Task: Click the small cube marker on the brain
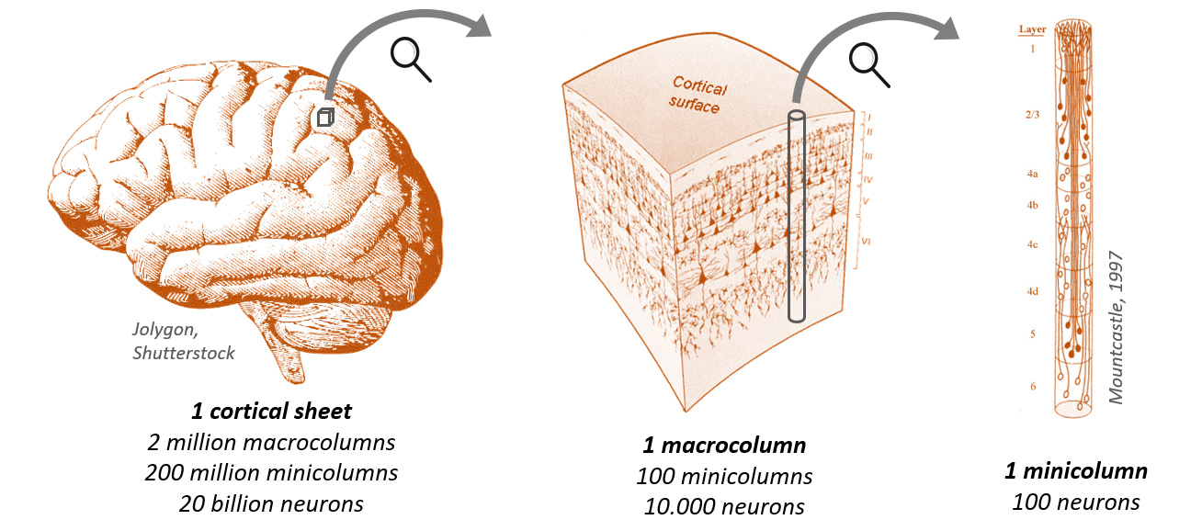(x=324, y=118)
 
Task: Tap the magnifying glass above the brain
(x=411, y=58)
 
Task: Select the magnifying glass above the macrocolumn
(x=867, y=64)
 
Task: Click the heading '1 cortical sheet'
(x=271, y=411)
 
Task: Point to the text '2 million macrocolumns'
(x=271, y=442)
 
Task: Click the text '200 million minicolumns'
(x=271, y=473)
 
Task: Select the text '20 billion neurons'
(x=271, y=503)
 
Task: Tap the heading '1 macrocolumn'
(x=724, y=446)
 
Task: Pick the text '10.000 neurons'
(x=724, y=506)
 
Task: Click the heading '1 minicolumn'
(x=1075, y=471)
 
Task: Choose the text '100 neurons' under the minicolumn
(x=1075, y=502)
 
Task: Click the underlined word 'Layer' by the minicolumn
(x=1032, y=29)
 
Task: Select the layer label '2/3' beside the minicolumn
(x=1032, y=116)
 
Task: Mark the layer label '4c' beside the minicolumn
(x=1032, y=244)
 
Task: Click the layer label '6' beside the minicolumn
(x=1033, y=386)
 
